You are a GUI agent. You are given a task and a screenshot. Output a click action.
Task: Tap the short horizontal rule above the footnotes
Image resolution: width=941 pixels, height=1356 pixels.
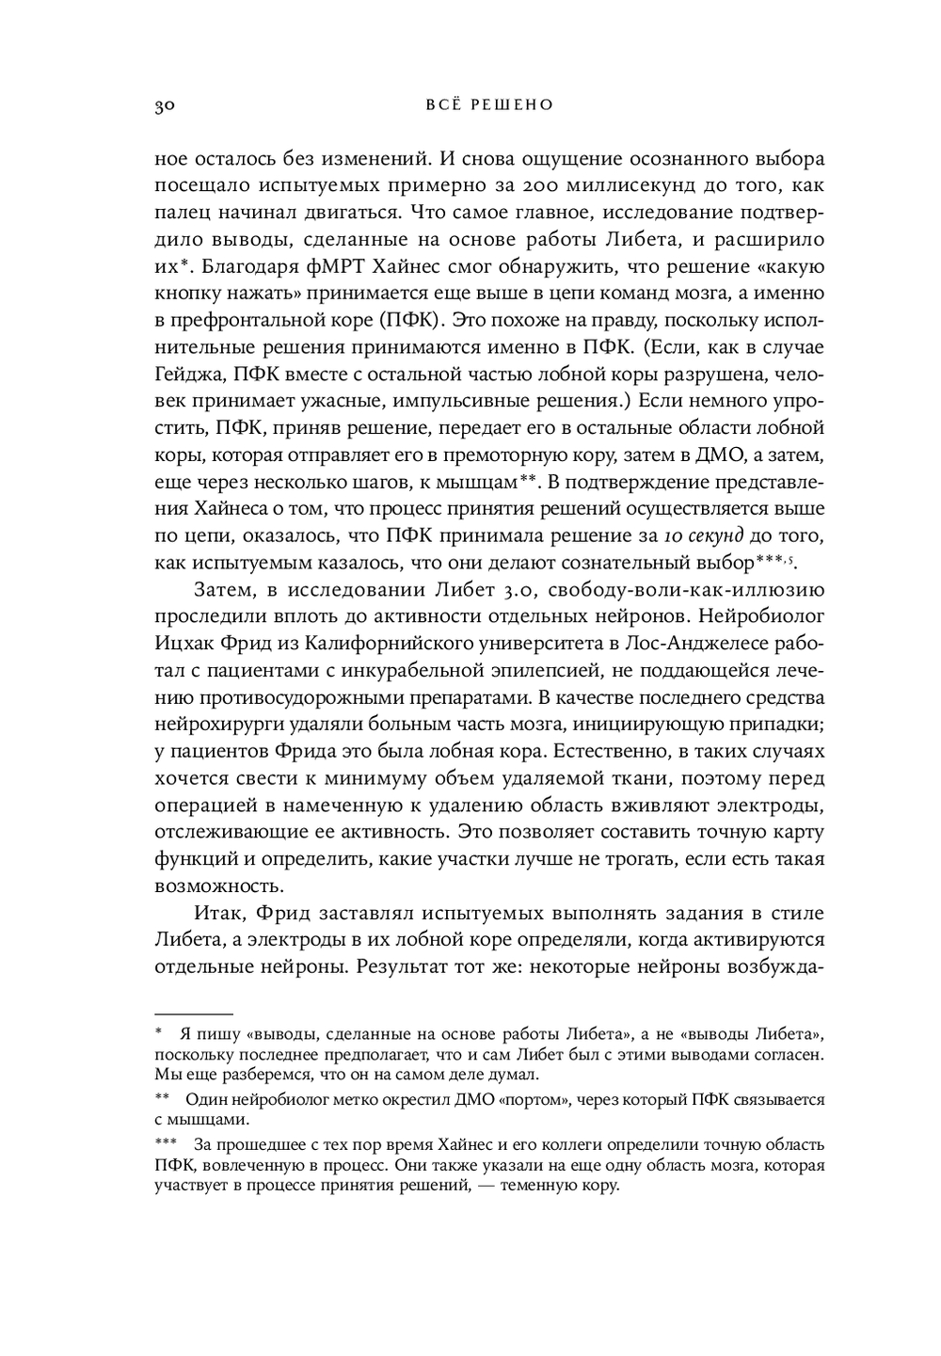pyautogui.click(x=193, y=1014)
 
